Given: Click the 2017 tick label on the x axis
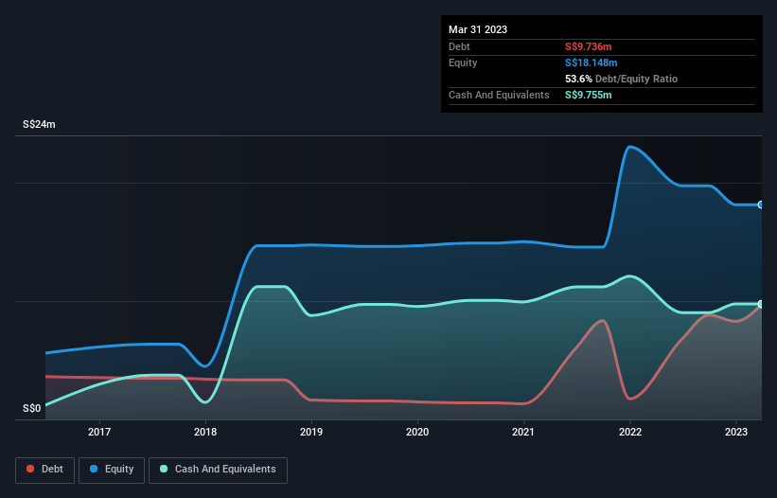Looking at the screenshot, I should coord(99,433).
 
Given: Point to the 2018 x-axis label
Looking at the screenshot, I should coord(205,433).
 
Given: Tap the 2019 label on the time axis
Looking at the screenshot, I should coord(311,433).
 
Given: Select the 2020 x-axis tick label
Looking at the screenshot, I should coord(417,433).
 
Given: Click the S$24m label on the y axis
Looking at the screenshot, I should coord(40,125).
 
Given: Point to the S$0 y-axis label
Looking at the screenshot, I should coord(32,409).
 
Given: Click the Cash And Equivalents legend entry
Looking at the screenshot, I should coord(218,470).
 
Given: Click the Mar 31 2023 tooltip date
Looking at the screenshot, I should coord(478,29).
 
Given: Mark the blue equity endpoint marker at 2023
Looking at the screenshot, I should coord(761,205).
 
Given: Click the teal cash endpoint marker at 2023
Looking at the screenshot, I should coord(761,304).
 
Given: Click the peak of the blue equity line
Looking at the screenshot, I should coord(629,147).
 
